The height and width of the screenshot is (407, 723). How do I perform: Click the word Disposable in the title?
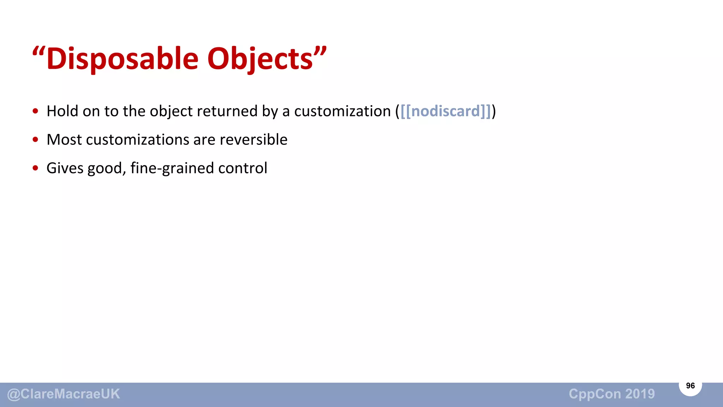tap(122, 59)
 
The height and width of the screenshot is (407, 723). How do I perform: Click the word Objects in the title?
tap(260, 59)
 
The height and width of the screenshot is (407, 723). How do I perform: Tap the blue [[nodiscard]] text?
tap(446, 111)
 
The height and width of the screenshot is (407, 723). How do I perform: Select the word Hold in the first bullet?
tap(62, 111)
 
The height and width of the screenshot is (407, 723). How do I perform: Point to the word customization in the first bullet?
tap(342, 111)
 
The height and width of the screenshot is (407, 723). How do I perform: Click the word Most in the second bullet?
tap(64, 140)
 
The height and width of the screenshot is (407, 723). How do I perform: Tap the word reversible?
tap(253, 140)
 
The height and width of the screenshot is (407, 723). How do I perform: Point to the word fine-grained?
tap(172, 168)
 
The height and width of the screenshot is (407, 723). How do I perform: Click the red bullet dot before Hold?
tap(35, 111)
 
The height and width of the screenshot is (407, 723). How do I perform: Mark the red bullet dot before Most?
tap(35, 140)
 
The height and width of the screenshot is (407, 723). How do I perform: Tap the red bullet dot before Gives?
tap(35, 168)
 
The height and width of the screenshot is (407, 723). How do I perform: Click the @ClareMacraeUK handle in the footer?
tap(64, 394)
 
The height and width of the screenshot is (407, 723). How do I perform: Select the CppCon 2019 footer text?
tap(611, 394)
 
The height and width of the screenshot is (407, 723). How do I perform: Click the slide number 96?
tap(690, 385)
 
